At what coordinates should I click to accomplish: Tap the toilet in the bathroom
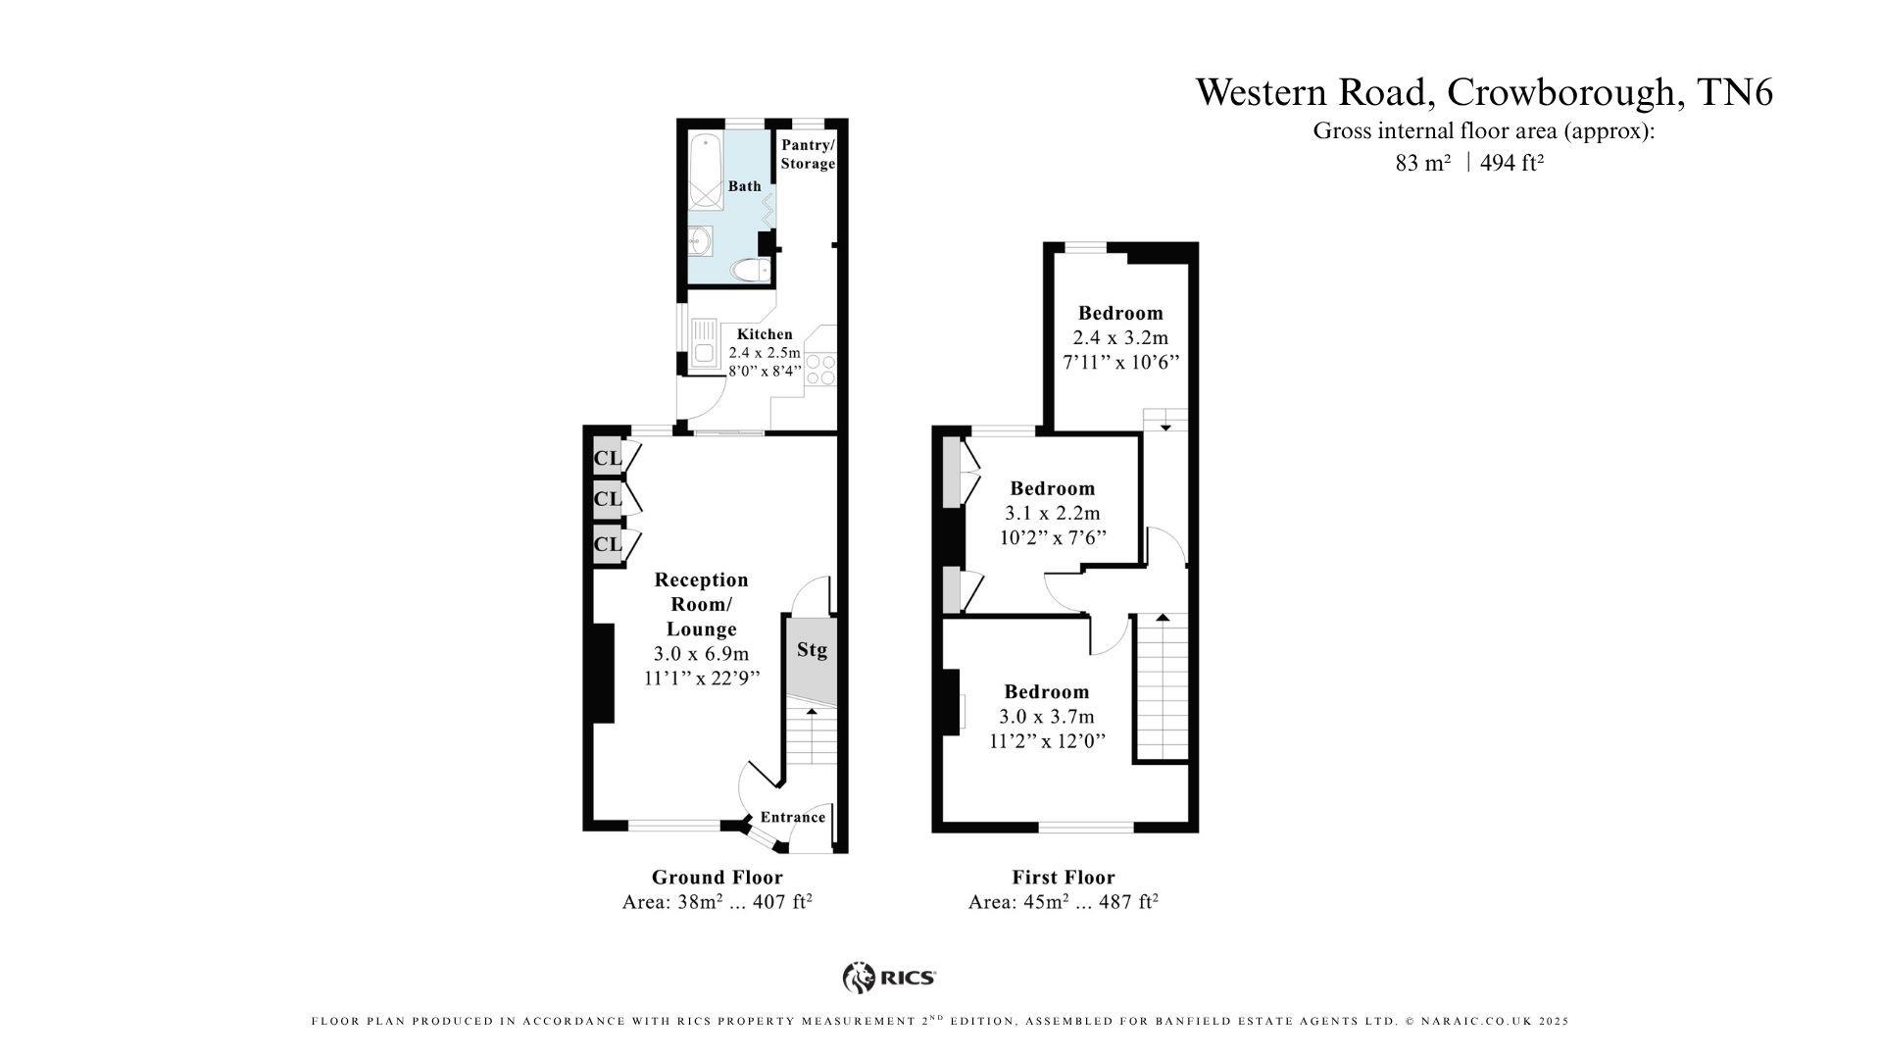[x=750, y=270]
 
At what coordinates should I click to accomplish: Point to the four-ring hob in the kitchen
[x=820, y=369]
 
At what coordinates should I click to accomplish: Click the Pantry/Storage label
[x=808, y=154]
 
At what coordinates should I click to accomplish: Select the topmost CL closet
[x=608, y=458]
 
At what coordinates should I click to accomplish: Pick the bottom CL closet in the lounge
[x=608, y=544]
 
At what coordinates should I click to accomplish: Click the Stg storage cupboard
[x=812, y=657]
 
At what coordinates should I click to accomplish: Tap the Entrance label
[x=793, y=817]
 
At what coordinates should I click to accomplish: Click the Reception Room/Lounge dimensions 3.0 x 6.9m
[x=701, y=654]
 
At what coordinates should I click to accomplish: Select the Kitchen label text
[x=765, y=334]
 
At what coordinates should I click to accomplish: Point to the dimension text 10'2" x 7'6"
[x=1053, y=537]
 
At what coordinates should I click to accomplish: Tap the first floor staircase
[x=1162, y=686]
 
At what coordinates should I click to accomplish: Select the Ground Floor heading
[x=718, y=877]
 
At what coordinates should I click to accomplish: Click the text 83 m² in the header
[x=1422, y=164]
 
